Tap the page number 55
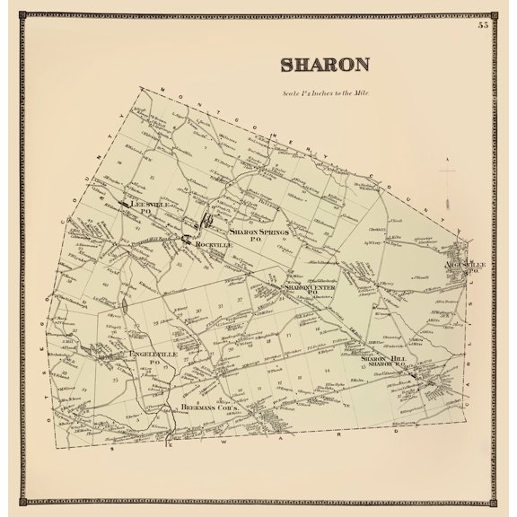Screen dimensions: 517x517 [x=484, y=24]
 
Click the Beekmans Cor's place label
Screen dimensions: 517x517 [x=208, y=406]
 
